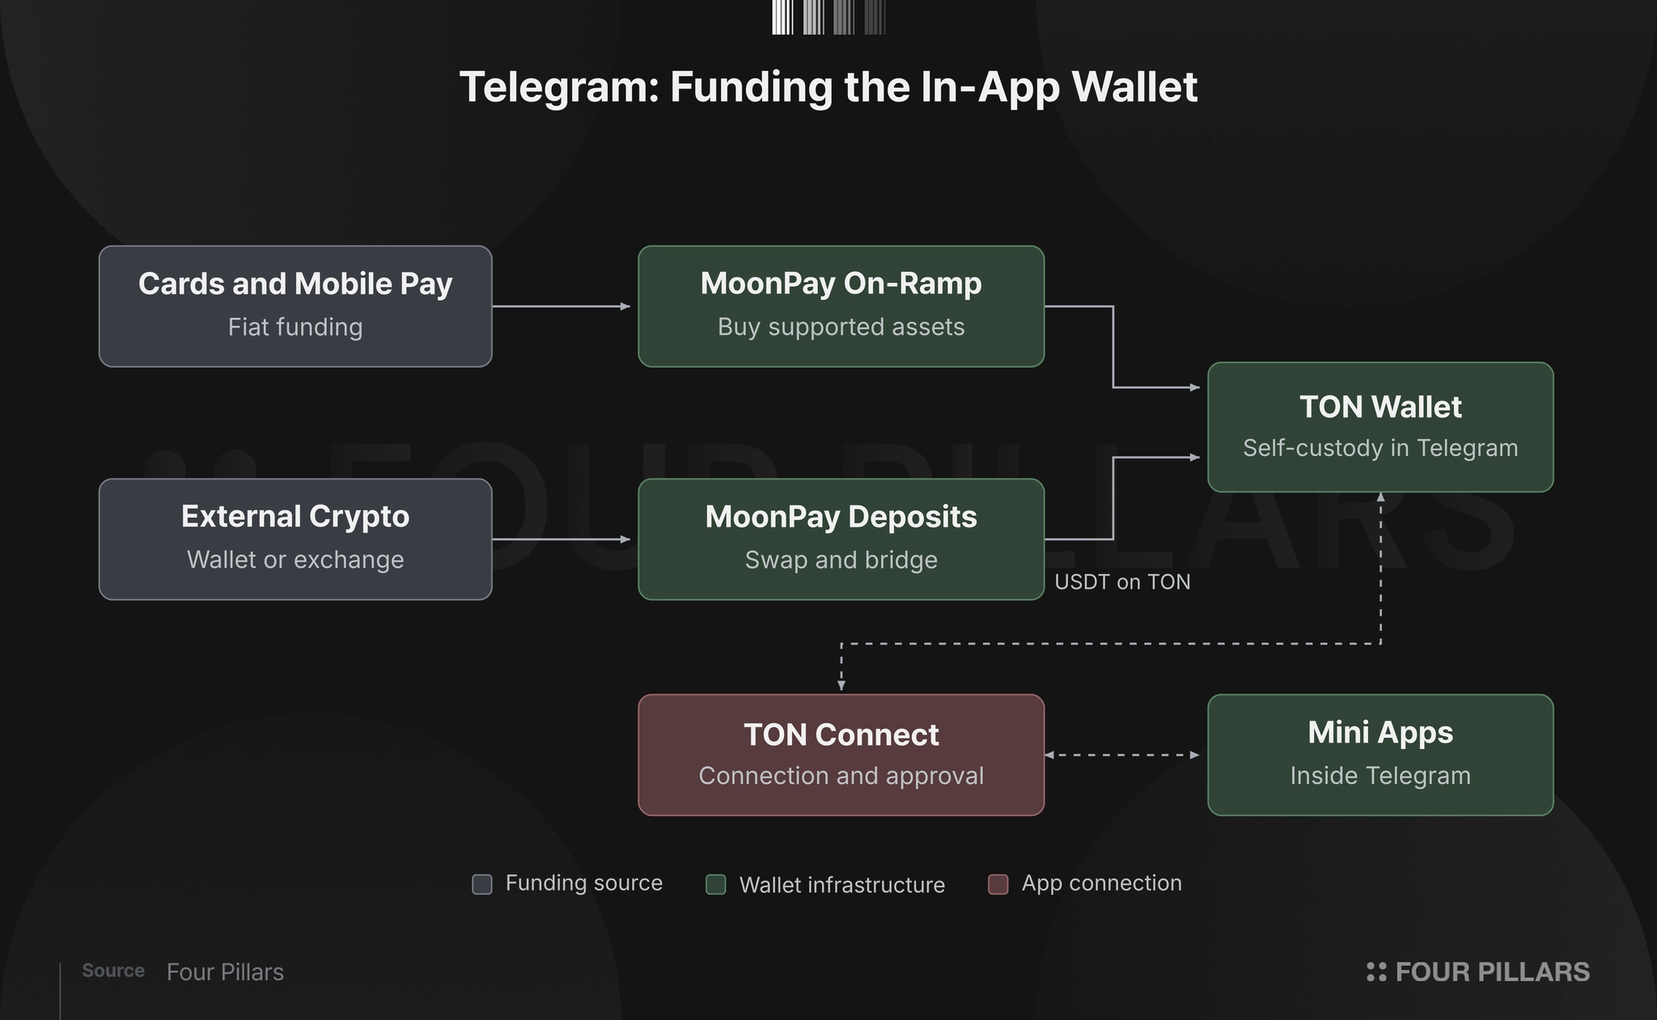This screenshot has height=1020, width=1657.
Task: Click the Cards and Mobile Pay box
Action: (x=295, y=307)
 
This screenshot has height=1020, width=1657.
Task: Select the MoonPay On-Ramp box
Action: (x=841, y=307)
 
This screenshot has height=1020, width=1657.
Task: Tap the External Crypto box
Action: (x=295, y=540)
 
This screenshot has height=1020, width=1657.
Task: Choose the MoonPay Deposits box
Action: (x=841, y=540)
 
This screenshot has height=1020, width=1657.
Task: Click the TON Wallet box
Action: (x=1380, y=427)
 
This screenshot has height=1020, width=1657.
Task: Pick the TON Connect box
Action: (x=841, y=755)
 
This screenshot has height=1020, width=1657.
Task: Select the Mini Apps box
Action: (x=1380, y=755)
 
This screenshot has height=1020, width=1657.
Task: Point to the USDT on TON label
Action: (x=1122, y=582)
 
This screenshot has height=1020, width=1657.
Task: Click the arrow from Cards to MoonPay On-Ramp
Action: (x=562, y=307)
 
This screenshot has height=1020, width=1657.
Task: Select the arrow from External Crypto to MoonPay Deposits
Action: (x=562, y=539)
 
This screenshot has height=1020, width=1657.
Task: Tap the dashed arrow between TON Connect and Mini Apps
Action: (x=1122, y=755)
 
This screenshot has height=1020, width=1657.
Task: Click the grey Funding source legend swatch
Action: (x=482, y=884)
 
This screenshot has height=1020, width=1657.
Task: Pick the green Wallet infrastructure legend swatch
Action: (x=716, y=884)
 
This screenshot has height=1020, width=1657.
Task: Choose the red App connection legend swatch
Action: (x=998, y=884)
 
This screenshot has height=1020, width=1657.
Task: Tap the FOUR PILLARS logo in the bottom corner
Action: (x=1478, y=971)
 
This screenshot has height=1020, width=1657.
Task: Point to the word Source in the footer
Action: (x=113, y=971)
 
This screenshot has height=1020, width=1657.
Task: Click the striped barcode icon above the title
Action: (x=828, y=17)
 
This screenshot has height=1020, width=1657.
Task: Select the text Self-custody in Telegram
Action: (x=1380, y=448)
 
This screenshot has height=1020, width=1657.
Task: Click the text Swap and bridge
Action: (x=841, y=560)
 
